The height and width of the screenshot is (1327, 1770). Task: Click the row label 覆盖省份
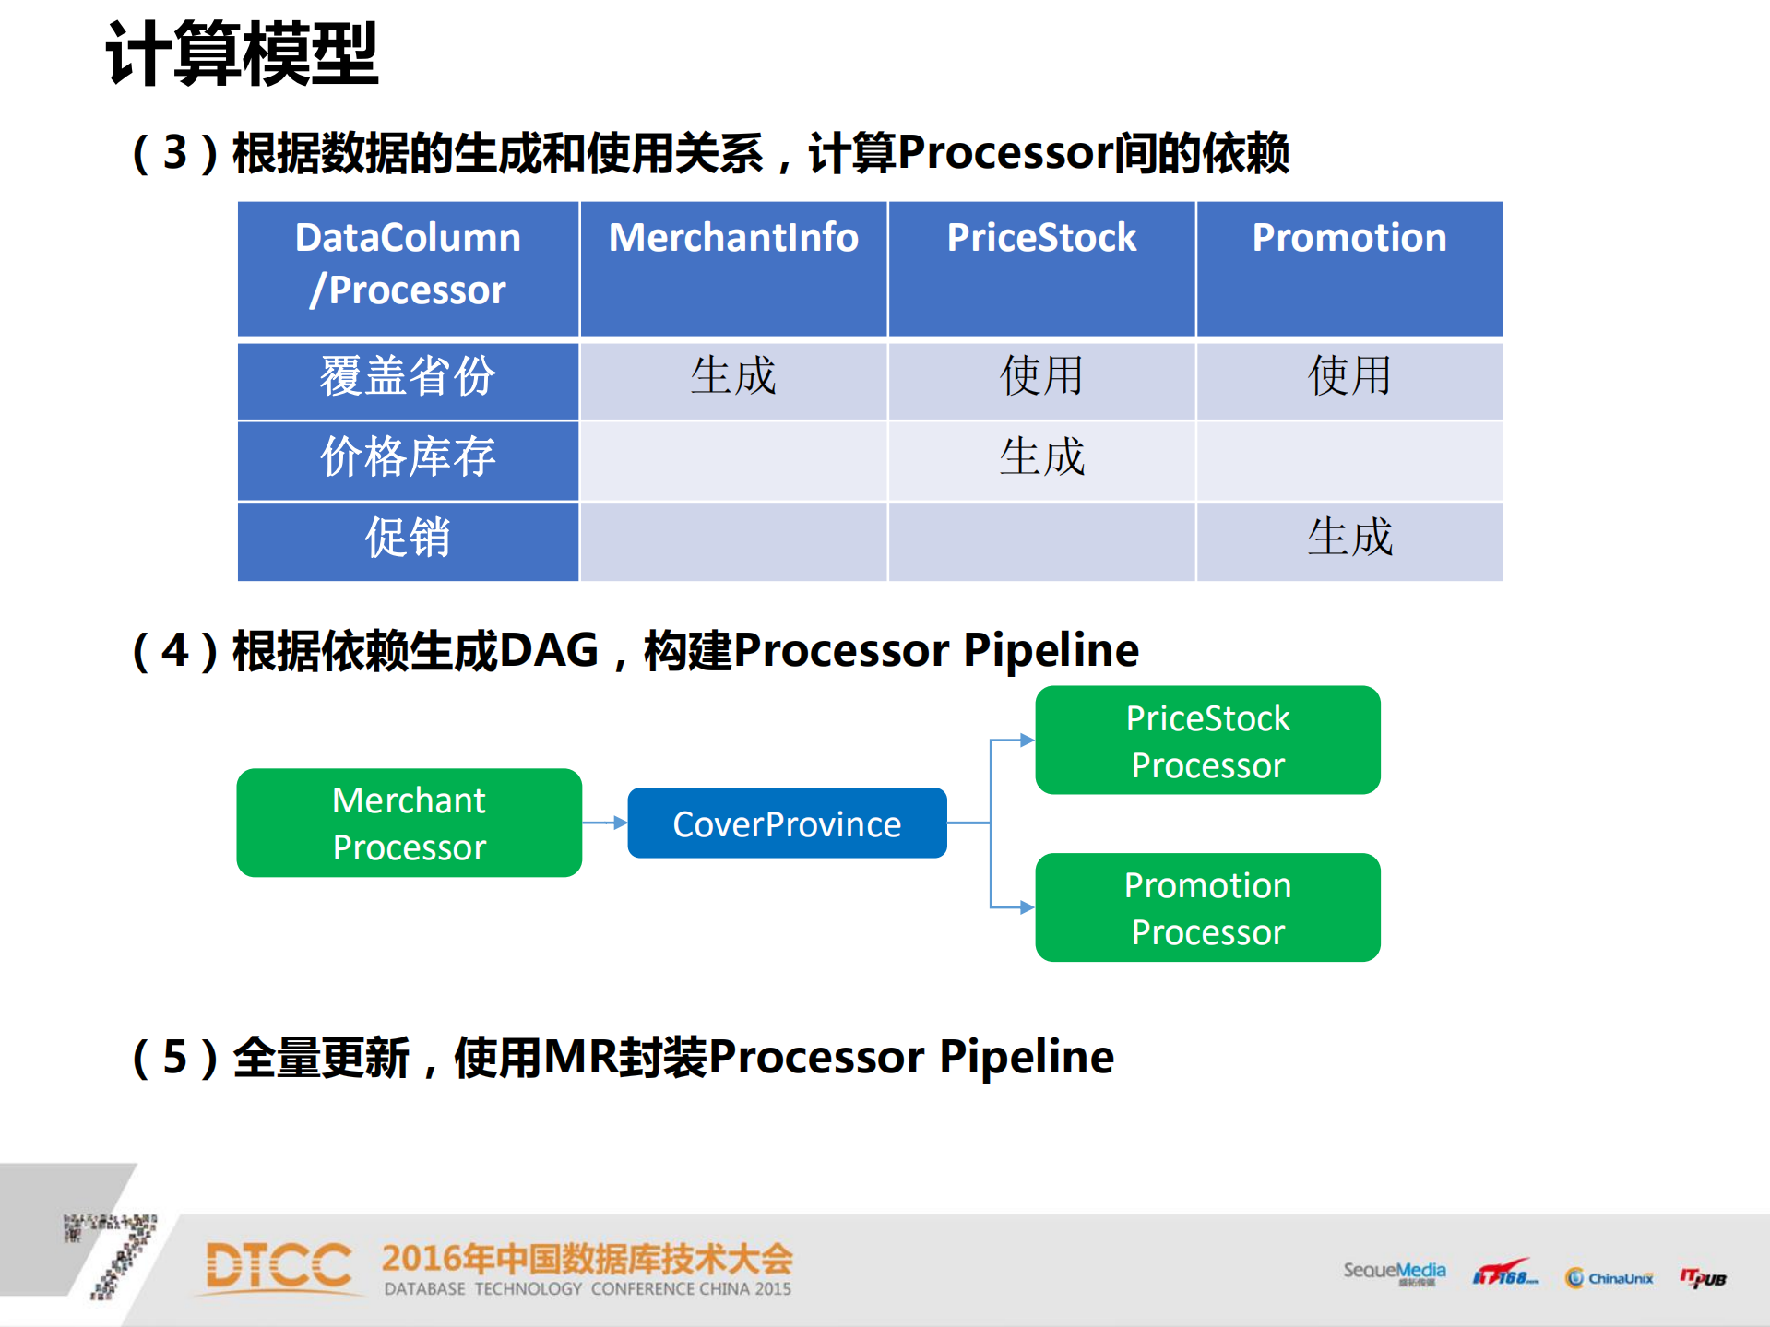(408, 378)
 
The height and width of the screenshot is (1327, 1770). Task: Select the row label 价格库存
(408, 458)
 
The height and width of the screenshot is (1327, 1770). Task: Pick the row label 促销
(408, 539)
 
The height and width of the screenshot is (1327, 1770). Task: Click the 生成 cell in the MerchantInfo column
(733, 378)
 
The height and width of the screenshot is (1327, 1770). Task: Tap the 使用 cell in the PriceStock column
(1041, 378)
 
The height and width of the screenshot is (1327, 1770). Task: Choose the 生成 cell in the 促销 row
(1349, 539)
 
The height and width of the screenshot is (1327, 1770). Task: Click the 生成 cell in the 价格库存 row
(1041, 458)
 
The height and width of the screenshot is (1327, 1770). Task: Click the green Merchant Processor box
(409, 823)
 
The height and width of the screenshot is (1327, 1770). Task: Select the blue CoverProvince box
(787, 823)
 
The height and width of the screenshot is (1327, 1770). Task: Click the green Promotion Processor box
(1207, 907)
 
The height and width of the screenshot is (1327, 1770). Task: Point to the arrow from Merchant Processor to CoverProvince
(604, 823)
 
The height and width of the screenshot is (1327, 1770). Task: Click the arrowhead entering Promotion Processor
(1027, 907)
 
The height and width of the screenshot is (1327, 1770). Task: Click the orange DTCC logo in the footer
(278, 1265)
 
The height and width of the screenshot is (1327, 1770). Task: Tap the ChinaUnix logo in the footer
(1610, 1277)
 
